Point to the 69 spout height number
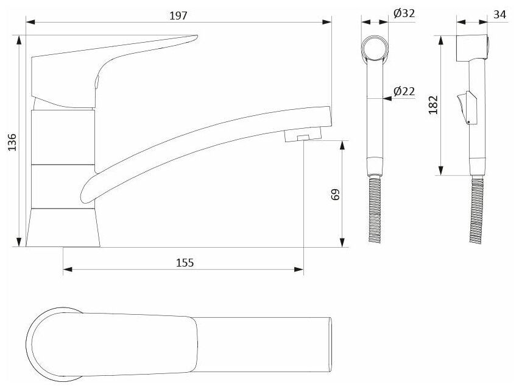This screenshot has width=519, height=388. tap(336, 194)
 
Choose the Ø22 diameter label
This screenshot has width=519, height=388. tap(404, 91)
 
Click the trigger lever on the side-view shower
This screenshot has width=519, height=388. tap(465, 107)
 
